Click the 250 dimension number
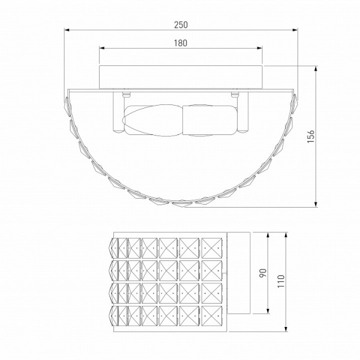181,25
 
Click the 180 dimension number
181,43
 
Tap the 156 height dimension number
311,136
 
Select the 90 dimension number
263,273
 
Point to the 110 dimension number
281,281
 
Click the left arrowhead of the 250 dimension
67,29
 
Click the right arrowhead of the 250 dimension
295,29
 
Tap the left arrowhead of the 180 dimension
102,48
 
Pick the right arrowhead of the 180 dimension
259,48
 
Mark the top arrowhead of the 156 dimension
316,68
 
